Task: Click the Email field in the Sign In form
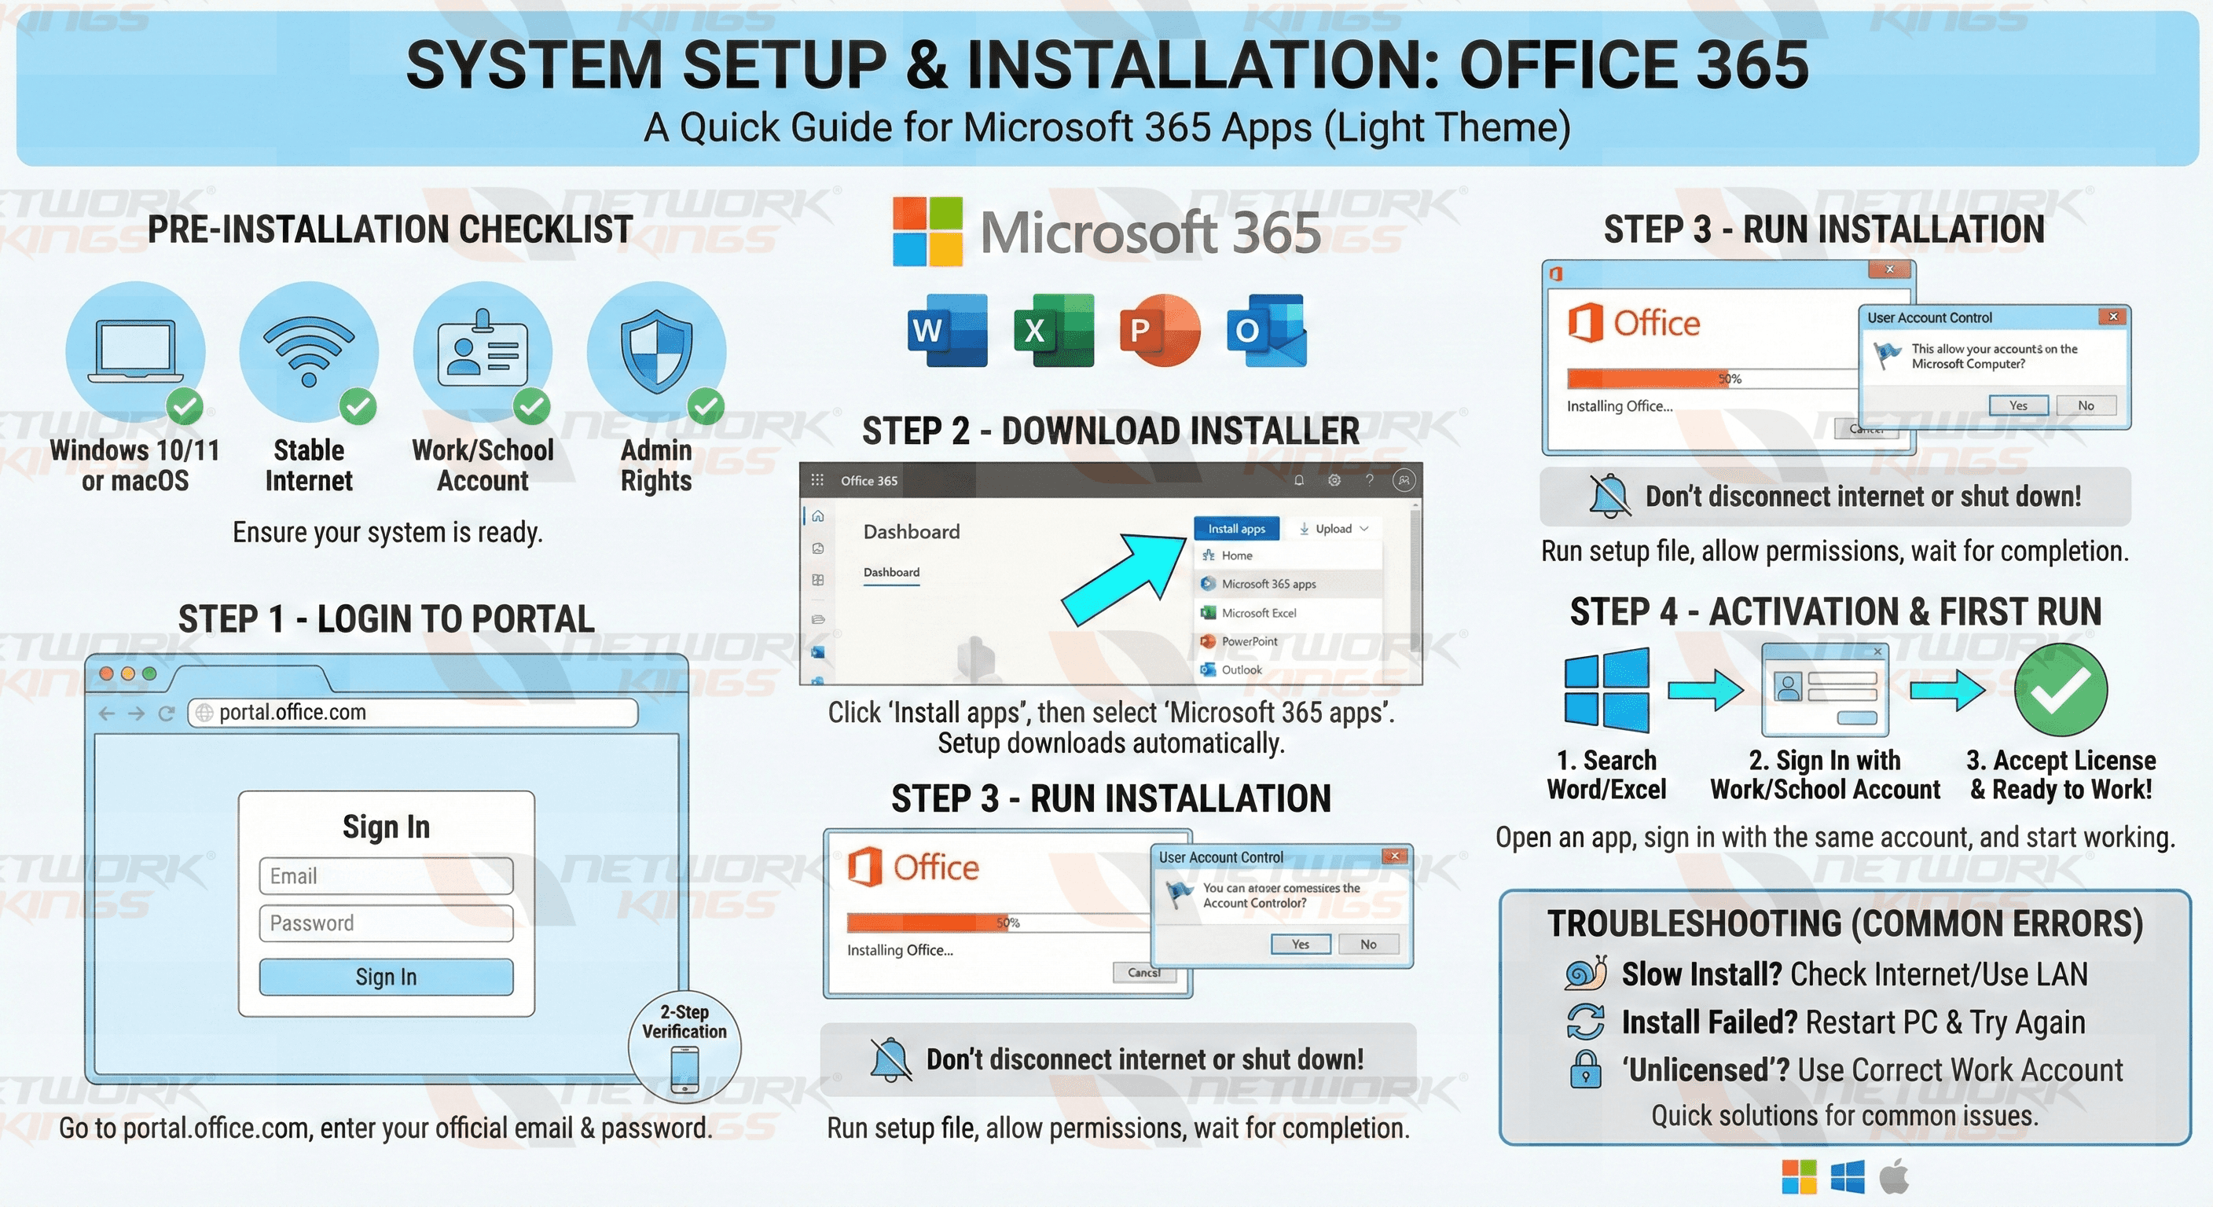(x=386, y=875)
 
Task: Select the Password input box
(x=386, y=923)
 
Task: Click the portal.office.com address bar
(x=413, y=712)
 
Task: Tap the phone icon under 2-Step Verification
(x=684, y=1070)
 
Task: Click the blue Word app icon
(x=947, y=331)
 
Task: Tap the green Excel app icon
(x=1053, y=331)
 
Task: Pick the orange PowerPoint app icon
(x=1160, y=331)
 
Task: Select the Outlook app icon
(x=1266, y=331)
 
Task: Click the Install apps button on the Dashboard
(x=1236, y=528)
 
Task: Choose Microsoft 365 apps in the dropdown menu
(x=1268, y=584)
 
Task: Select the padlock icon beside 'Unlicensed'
(x=1585, y=1069)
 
